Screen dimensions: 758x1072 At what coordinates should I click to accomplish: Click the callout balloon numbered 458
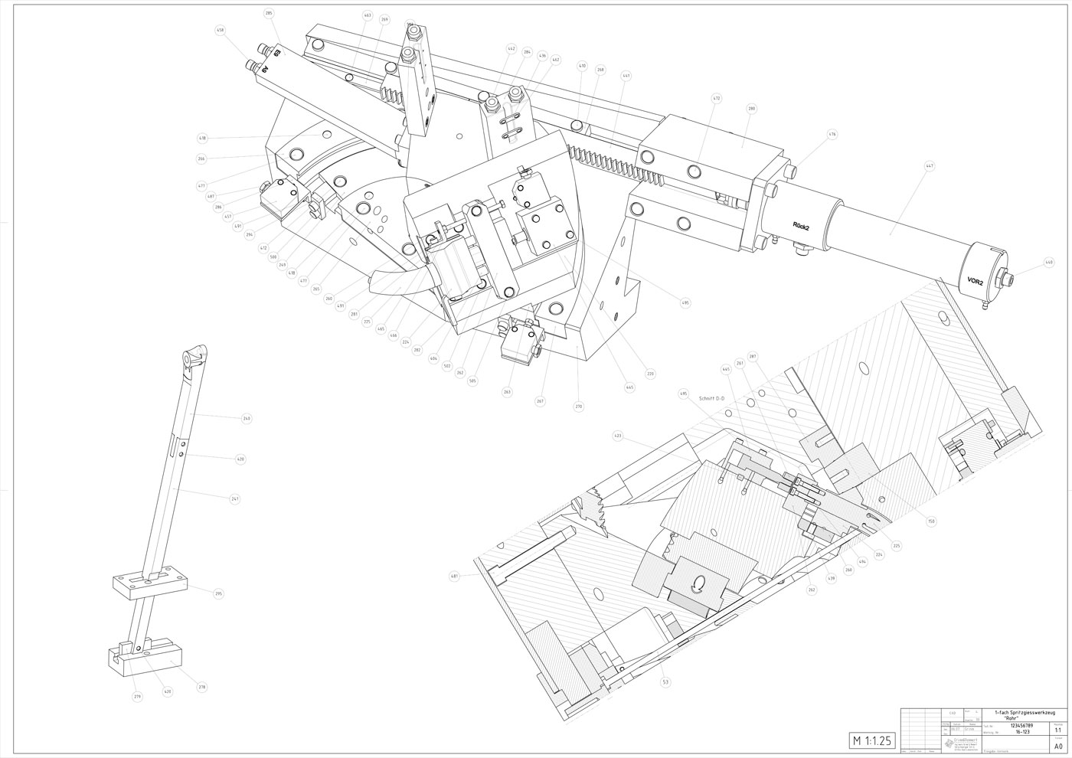click(221, 31)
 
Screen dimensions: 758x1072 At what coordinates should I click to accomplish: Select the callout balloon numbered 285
click(269, 13)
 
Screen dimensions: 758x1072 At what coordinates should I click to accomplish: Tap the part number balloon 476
click(832, 134)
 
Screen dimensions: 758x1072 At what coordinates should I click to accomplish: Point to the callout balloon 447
click(930, 165)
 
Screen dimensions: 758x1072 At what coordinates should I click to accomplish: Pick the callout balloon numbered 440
click(1049, 263)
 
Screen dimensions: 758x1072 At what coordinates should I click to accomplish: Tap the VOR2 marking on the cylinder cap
click(976, 282)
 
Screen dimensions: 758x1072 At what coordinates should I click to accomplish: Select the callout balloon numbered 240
click(247, 419)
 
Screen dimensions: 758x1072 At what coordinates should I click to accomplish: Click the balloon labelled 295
click(218, 594)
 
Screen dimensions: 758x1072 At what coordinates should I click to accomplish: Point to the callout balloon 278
click(202, 688)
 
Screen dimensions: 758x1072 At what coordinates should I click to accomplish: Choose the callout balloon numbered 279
click(138, 696)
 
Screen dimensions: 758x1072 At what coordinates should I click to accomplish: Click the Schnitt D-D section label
click(711, 398)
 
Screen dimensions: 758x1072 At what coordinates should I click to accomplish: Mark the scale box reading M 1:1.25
click(872, 740)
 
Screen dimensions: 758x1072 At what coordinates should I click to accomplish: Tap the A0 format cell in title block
click(1058, 746)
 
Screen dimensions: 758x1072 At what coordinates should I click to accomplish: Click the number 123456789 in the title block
click(1018, 725)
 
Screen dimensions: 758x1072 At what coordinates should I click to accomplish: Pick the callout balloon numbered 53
click(665, 681)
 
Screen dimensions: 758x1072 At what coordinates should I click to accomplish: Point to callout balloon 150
click(931, 521)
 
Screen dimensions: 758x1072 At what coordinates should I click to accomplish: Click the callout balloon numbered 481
click(455, 577)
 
